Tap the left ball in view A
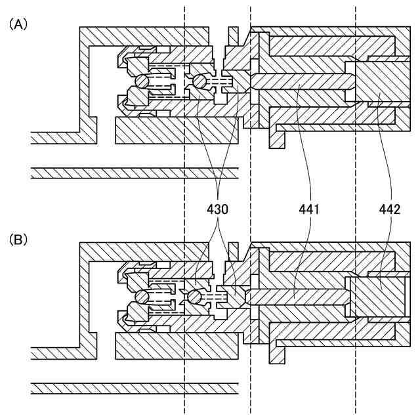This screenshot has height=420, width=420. click(142, 81)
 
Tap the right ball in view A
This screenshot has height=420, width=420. click(197, 81)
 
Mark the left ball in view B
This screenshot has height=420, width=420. click(142, 297)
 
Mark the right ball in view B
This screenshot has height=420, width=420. click(194, 297)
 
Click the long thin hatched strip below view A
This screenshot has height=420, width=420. click(131, 173)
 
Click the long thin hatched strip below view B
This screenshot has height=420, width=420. click(131, 388)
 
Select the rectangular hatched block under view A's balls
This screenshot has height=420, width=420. click(177, 131)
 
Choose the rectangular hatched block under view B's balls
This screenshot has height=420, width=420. click(177, 346)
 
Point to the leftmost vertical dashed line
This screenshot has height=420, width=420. click(185, 197)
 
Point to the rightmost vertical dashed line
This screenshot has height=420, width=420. click(356, 197)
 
